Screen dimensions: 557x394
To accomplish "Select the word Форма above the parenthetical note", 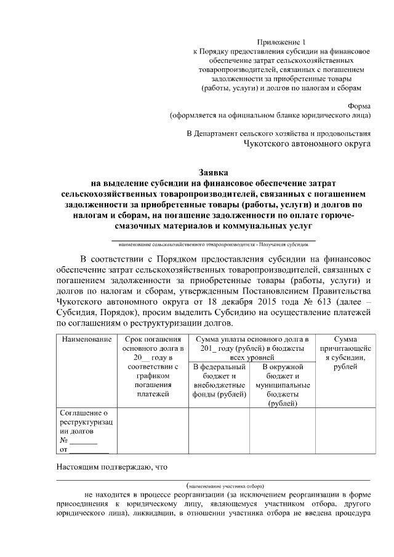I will (x=359, y=105).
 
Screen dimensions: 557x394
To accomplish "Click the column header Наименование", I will (x=86, y=339).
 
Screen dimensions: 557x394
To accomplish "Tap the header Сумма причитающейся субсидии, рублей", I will (x=345, y=353).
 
